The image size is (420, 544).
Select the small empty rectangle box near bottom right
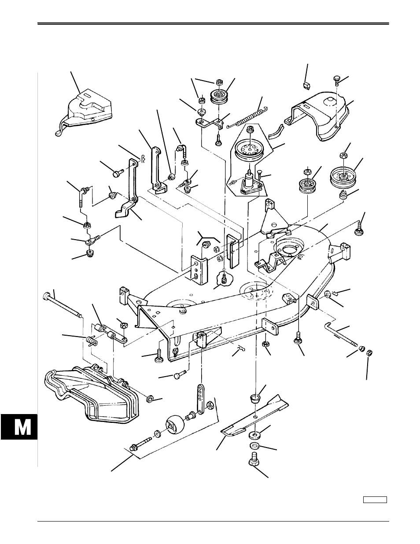(x=375, y=500)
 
